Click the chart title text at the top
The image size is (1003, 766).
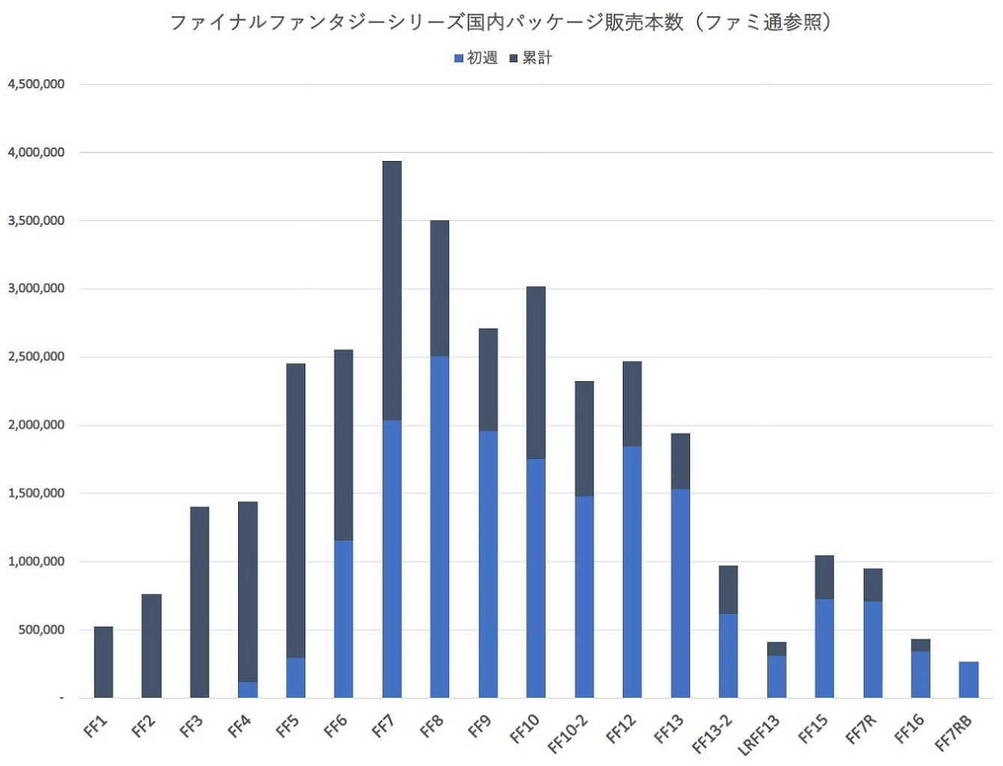501,22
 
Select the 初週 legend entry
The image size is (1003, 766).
476,58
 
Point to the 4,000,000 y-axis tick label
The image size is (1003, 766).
36,153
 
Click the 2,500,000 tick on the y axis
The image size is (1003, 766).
36,357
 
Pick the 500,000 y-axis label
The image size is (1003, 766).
41,630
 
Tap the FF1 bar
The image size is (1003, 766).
103,662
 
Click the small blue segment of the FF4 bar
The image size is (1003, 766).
248,690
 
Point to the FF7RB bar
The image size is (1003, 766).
969,679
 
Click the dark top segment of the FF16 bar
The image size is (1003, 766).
921,645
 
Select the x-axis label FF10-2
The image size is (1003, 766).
568,734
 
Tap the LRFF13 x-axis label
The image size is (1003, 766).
759,734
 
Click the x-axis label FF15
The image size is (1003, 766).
813,729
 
